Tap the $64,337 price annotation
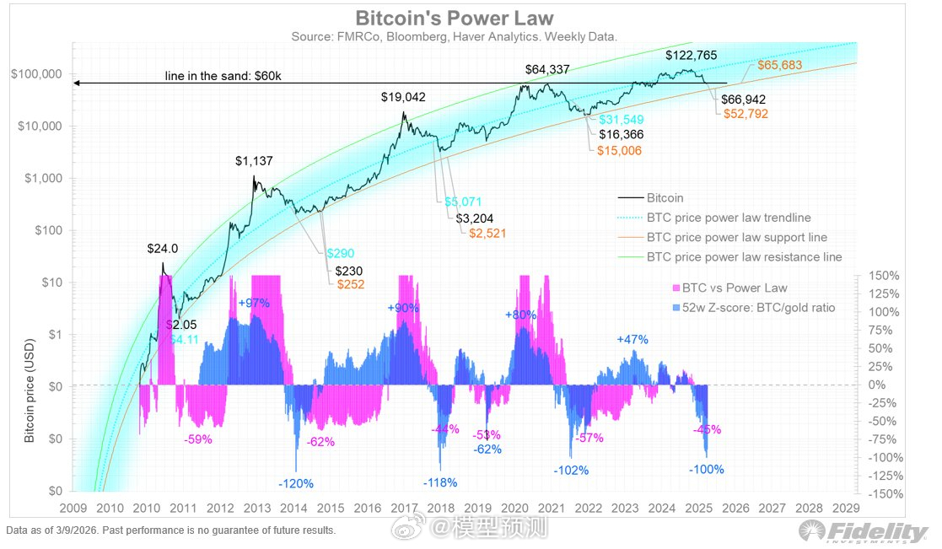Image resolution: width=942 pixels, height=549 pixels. [549, 69]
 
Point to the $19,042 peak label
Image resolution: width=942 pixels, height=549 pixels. [403, 97]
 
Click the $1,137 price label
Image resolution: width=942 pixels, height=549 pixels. [254, 160]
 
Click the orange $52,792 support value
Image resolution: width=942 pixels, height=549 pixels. [746, 114]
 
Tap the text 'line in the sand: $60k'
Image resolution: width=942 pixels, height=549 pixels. [222, 77]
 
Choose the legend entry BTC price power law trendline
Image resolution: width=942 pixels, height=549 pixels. [729, 218]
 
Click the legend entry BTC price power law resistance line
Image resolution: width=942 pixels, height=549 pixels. [743, 256]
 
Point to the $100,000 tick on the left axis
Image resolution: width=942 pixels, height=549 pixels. [37, 74]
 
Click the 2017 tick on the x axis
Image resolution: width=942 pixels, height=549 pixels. [403, 509]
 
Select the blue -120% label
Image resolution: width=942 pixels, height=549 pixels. [295, 484]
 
